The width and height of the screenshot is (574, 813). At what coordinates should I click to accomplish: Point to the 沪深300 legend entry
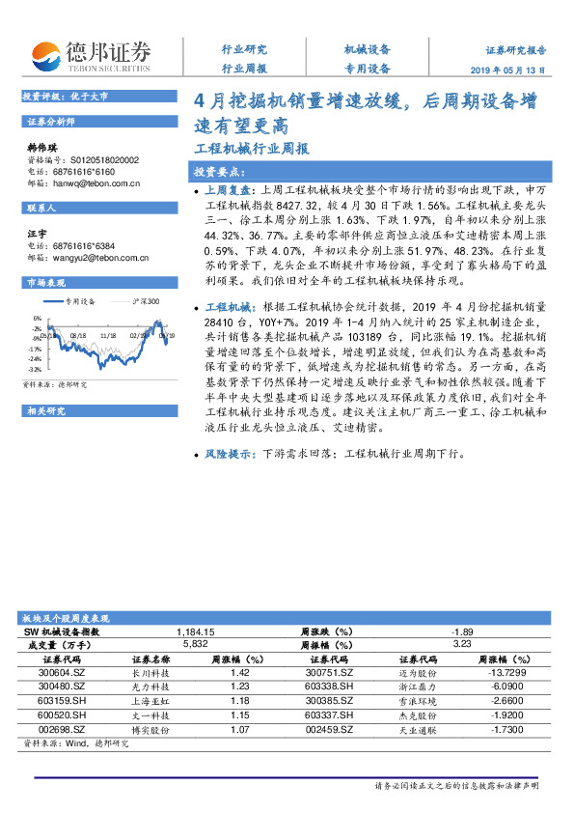(x=146, y=302)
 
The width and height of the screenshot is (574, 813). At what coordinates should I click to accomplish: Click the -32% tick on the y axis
(x=35, y=369)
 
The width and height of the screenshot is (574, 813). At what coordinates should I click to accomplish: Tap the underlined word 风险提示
(x=228, y=453)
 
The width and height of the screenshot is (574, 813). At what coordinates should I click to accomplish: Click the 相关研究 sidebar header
(x=46, y=410)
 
